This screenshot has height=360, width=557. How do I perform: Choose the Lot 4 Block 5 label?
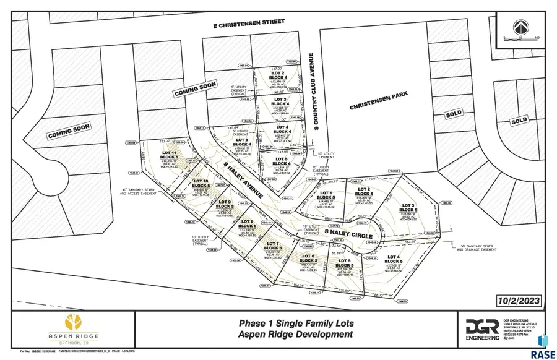(394, 259)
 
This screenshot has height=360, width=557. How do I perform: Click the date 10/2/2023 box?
(520, 300)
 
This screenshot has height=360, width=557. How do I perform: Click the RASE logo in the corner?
(544, 346)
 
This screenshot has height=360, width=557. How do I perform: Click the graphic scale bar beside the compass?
(521, 38)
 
